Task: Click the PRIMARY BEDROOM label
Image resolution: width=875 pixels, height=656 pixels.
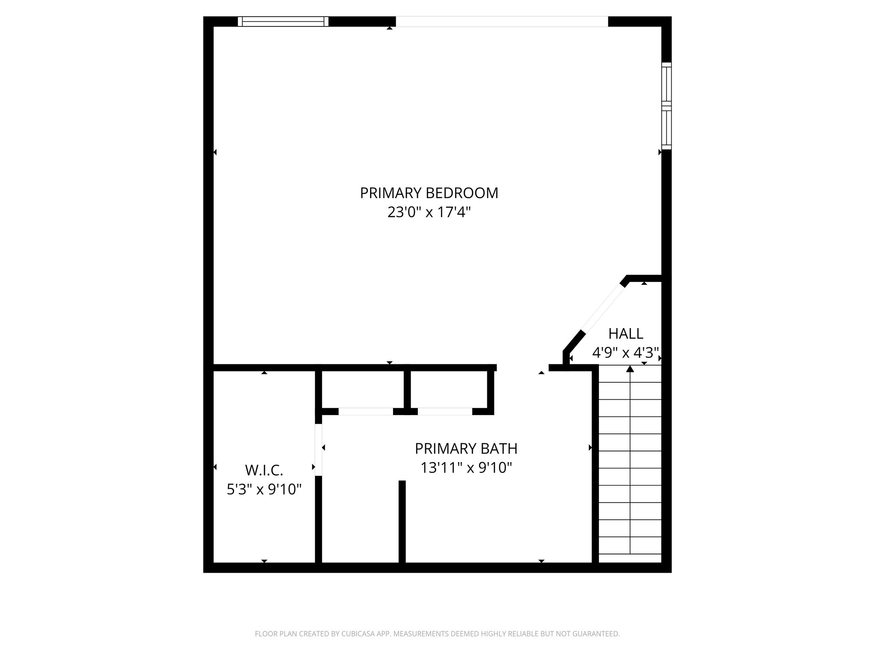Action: (x=429, y=193)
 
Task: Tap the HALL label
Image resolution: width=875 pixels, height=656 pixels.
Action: (x=625, y=333)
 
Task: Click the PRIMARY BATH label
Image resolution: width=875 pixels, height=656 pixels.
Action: (x=466, y=448)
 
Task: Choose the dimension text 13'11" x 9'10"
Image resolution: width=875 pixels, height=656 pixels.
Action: (x=466, y=468)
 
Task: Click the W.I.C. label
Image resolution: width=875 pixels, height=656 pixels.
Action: (x=264, y=470)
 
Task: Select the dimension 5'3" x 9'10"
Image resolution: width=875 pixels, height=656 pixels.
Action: (x=264, y=489)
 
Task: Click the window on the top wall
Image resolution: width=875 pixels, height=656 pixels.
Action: (x=283, y=21)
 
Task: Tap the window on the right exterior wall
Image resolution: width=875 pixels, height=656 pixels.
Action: (x=666, y=105)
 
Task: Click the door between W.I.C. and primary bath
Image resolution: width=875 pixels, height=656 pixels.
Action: (x=318, y=449)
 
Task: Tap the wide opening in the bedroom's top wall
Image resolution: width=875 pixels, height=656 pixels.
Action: (x=502, y=21)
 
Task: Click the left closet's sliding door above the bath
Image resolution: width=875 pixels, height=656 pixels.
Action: (x=366, y=412)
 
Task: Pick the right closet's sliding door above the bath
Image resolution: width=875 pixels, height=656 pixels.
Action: (x=445, y=412)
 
